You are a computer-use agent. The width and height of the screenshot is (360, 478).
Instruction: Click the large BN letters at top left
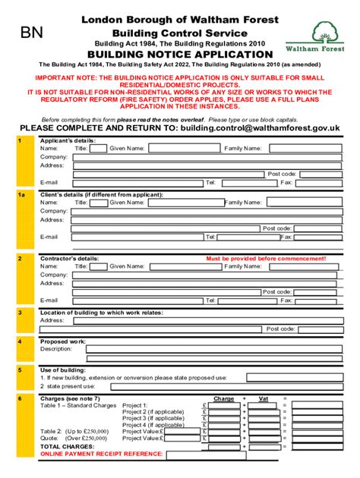(32, 33)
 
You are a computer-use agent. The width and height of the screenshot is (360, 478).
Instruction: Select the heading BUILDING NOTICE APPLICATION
(179, 55)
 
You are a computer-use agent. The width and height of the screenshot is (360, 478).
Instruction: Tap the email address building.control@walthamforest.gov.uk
(259, 128)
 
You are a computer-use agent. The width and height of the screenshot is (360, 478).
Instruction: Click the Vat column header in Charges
(264, 398)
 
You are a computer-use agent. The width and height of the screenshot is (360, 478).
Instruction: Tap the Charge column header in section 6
(224, 398)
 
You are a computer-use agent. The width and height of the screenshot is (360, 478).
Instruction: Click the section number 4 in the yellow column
(21, 341)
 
